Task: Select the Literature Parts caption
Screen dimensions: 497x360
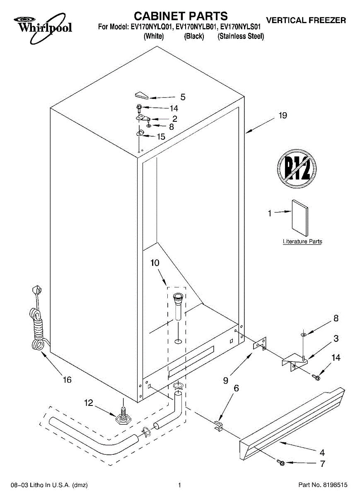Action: tap(302, 241)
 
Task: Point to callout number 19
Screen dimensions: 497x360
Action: tap(283, 116)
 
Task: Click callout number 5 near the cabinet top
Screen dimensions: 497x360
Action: tap(182, 98)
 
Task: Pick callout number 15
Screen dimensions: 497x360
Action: tap(161, 136)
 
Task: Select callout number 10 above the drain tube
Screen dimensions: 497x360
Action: tap(155, 263)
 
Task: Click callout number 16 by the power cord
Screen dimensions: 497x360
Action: tap(67, 379)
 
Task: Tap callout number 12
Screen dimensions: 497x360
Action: tap(89, 402)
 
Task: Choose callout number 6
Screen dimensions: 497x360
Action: tap(236, 388)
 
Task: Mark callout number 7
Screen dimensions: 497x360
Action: tap(322, 464)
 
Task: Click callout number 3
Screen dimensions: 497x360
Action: tap(336, 338)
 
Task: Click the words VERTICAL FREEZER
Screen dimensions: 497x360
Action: tap(306, 20)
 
